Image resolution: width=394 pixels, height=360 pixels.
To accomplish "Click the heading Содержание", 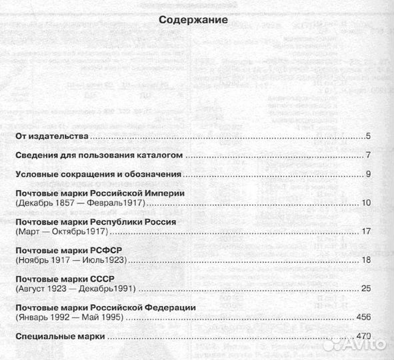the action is (194, 20).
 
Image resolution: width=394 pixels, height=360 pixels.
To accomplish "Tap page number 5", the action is (368, 137).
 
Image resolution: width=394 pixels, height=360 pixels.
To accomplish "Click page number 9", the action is (368, 175).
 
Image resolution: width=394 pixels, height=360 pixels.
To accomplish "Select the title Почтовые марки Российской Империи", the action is (99, 193).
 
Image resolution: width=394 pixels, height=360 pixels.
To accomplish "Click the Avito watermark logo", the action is (353, 343).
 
